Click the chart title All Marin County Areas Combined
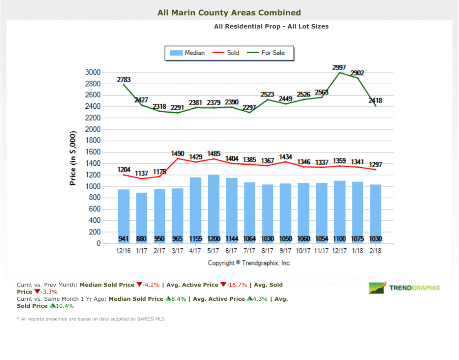point(229,12)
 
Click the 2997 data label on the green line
point(339,67)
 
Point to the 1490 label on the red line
point(178,153)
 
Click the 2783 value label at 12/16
point(124,80)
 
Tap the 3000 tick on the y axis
point(92,72)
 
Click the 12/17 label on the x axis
point(339,251)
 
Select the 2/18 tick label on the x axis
point(375,251)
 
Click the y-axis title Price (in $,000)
point(73,158)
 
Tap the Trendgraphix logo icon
point(377,288)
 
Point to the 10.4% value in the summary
point(65,306)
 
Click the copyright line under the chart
point(249,263)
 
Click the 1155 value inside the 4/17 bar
point(196,239)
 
